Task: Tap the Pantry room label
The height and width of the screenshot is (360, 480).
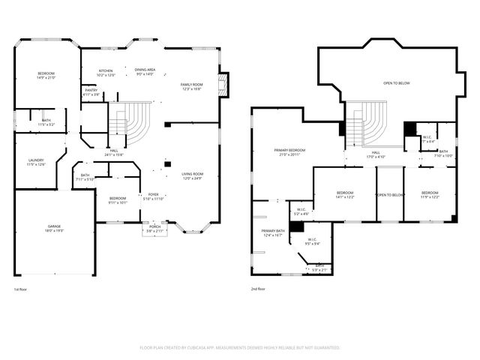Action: point(91,91)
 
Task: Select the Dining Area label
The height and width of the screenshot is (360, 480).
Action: point(145,70)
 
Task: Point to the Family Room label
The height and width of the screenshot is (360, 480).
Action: point(191,85)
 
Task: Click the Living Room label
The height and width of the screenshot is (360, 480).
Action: point(193,174)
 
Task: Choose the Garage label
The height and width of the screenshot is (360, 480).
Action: point(54,226)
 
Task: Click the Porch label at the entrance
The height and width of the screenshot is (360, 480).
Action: point(154,226)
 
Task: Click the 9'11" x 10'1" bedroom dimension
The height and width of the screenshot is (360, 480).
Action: point(118,202)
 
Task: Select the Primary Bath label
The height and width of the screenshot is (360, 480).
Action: point(273,231)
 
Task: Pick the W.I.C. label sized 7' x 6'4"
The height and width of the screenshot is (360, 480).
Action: point(427,140)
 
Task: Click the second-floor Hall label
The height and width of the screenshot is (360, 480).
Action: point(375,153)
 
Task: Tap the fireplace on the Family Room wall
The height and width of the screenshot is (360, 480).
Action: point(223,85)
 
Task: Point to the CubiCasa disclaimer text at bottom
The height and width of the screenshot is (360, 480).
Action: point(240,348)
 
